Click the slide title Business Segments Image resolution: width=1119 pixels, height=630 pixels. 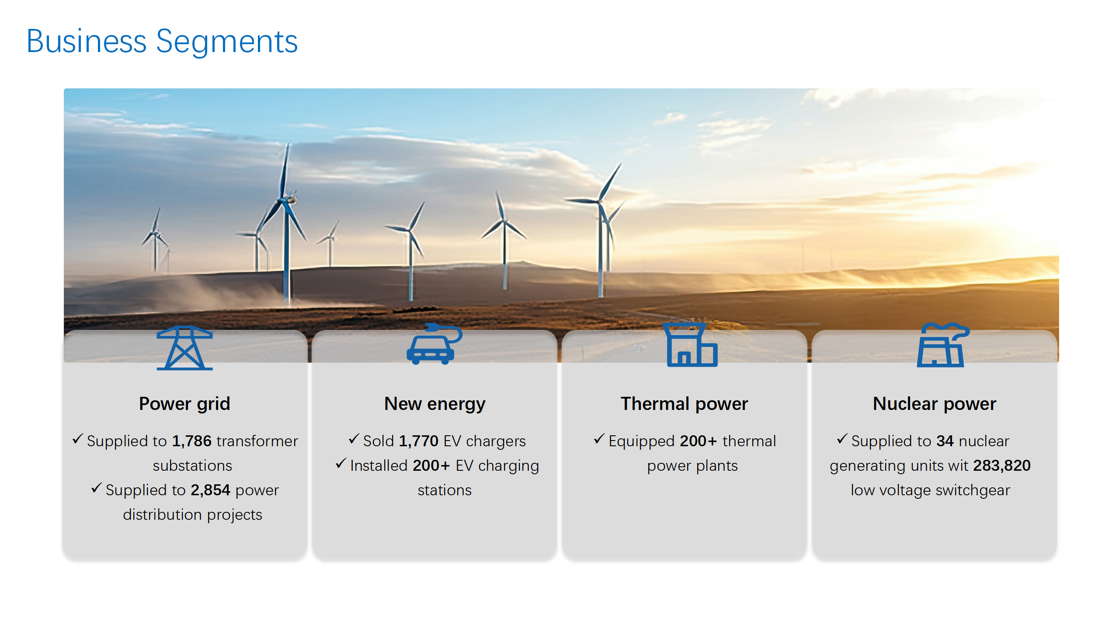tap(162, 42)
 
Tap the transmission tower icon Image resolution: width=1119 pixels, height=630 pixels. tap(184, 348)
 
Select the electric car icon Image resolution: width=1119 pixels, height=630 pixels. tap(434, 344)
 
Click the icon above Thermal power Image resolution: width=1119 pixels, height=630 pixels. tap(690, 345)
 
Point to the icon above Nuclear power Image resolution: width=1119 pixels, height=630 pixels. tap(943, 345)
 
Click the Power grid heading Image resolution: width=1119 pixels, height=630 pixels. tap(184, 404)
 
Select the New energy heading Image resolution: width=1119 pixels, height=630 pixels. tap(435, 404)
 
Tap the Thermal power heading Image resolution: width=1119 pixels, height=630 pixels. tap(685, 404)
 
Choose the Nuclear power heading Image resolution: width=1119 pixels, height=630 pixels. tap(935, 404)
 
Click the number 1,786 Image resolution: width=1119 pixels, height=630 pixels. tap(192, 441)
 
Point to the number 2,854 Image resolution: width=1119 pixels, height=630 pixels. tap(210, 490)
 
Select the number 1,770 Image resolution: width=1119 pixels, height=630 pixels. tap(419, 441)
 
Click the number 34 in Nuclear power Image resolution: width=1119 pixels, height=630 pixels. tap(945, 441)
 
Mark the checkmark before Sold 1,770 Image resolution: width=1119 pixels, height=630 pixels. tap(354, 439)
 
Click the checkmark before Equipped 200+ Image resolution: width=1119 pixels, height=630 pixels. tap(599, 439)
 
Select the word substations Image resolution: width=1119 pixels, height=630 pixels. tap(192, 465)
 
